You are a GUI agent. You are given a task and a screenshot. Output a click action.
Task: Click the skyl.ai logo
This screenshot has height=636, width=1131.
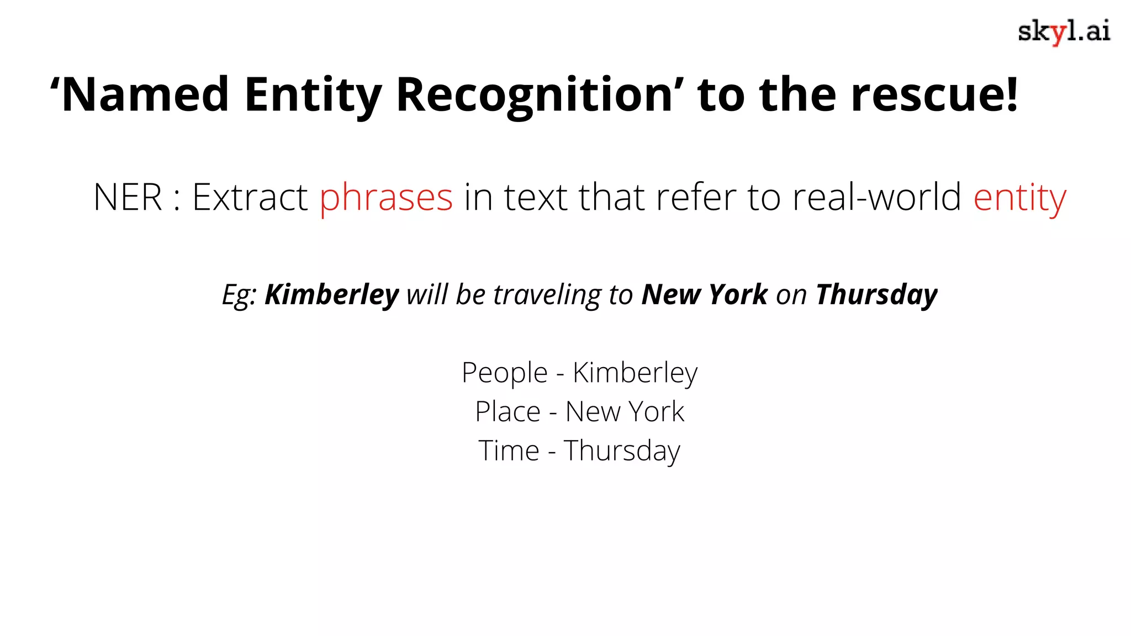[x=1064, y=31]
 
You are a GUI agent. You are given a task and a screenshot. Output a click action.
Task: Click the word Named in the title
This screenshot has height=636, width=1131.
[x=145, y=94]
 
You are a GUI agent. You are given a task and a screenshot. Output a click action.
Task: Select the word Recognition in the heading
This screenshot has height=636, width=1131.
[x=534, y=94]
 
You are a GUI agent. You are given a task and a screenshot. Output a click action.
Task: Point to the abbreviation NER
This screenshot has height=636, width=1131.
[x=128, y=197]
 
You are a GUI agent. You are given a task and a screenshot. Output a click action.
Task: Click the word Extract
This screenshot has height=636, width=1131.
[x=250, y=197]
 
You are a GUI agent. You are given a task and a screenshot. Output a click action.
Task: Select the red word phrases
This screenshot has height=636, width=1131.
[x=386, y=198]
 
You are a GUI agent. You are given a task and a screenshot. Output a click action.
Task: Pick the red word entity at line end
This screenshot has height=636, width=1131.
[x=1019, y=198]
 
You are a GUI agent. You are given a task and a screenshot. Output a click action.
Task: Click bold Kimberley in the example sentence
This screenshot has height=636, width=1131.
[x=331, y=294]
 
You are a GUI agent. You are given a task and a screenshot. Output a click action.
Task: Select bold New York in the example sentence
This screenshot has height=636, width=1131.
[x=704, y=294]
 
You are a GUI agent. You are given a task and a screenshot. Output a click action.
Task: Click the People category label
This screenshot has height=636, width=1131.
[x=504, y=373]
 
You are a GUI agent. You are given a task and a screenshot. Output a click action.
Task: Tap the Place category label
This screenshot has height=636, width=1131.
[x=508, y=412]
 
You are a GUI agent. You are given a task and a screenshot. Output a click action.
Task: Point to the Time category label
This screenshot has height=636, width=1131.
[x=509, y=451]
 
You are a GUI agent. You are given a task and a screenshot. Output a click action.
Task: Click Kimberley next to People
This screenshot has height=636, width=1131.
[x=635, y=373]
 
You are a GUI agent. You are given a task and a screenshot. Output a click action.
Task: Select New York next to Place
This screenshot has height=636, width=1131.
[x=625, y=412]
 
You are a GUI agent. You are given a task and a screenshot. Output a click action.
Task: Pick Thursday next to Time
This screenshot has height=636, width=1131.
[x=622, y=452]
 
